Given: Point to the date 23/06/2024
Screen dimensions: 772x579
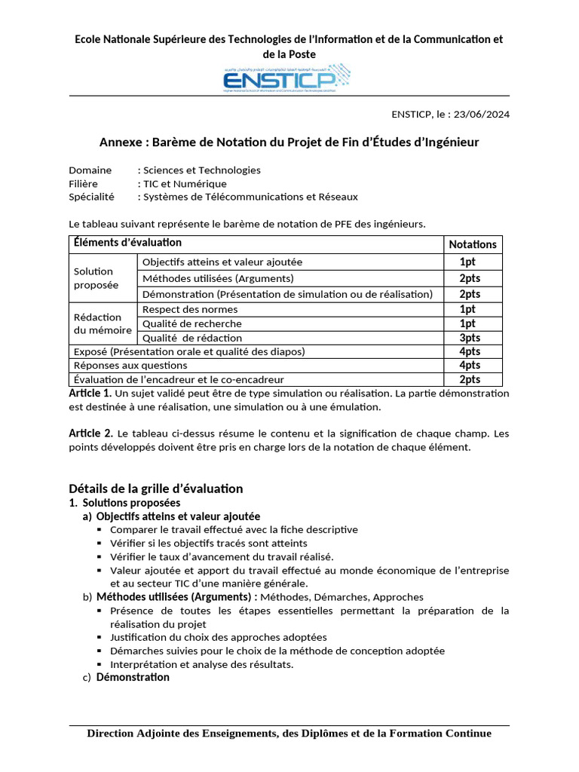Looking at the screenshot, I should [x=478, y=115].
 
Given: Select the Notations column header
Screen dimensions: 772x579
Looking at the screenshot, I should [x=473, y=244].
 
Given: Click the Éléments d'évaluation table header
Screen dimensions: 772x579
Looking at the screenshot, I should [x=127, y=243].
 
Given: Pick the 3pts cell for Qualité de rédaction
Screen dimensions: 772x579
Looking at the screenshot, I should [x=470, y=338].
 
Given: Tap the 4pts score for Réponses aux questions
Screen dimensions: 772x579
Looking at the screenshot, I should [x=470, y=366].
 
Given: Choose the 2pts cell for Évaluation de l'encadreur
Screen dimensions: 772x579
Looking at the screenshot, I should [x=470, y=379].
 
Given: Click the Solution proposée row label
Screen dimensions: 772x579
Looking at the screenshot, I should [x=94, y=278].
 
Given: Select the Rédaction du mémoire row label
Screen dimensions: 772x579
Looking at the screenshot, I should [x=102, y=323].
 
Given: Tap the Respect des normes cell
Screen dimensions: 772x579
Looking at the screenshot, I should [x=190, y=309].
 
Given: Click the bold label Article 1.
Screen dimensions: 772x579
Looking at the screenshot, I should [x=90, y=394].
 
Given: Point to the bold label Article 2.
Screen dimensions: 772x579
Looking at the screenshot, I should [x=90, y=433].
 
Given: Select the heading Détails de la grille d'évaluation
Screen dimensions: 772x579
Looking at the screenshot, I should [x=155, y=488].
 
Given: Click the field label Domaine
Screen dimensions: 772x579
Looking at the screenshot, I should [x=90, y=170].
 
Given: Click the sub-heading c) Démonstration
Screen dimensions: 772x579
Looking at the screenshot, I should [x=133, y=677].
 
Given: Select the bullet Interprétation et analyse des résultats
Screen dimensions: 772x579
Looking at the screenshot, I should [x=201, y=664].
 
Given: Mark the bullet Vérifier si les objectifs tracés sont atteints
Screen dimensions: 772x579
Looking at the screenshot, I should [x=208, y=543].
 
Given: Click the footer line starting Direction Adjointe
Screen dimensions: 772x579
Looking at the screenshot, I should [x=289, y=734].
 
